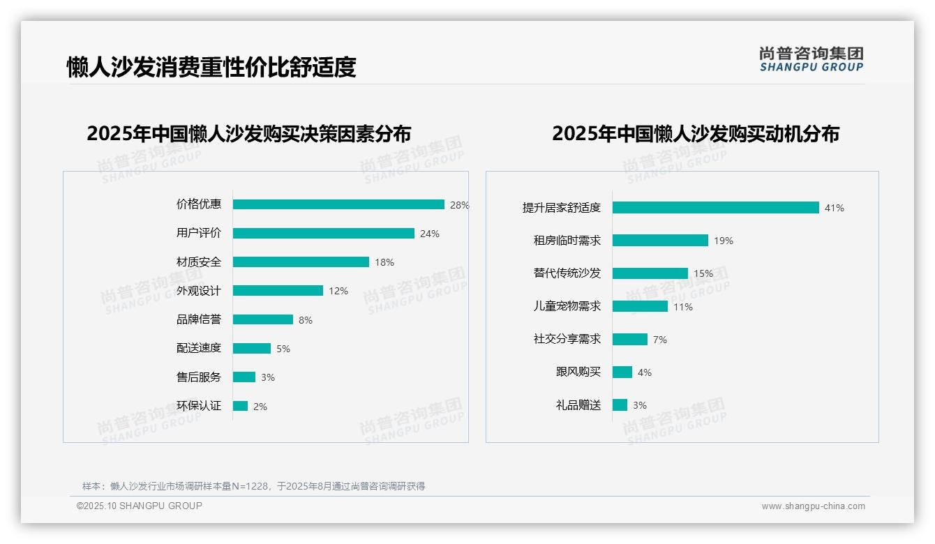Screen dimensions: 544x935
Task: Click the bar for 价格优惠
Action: (338, 204)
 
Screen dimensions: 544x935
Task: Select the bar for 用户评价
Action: (324, 234)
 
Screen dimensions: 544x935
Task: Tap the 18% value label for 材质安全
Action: (384, 262)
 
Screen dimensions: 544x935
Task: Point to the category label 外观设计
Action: (199, 291)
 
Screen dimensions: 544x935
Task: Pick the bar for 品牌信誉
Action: (263, 319)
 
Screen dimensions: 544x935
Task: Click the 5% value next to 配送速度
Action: (283, 349)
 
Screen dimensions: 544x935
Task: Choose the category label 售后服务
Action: (199, 377)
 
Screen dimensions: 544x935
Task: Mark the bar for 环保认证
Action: (241, 406)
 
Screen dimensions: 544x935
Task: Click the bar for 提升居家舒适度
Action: (716, 208)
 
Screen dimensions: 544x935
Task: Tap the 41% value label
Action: (835, 208)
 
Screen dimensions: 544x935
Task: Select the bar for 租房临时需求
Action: (660, 241)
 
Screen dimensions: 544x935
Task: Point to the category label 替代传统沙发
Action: (567, 273)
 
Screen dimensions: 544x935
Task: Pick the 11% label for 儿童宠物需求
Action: (683, 307)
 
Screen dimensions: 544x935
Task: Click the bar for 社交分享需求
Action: (630, 339)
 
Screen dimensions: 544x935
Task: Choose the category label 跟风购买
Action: (578, 372)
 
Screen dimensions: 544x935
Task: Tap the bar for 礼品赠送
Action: (620, 405)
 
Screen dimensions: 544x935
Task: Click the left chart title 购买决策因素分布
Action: (249, 133)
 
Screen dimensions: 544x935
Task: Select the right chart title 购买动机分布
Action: (695, 133)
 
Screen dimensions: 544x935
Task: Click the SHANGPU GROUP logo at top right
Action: (811, 59)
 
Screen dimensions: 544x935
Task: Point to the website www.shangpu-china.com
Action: (813, 506)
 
